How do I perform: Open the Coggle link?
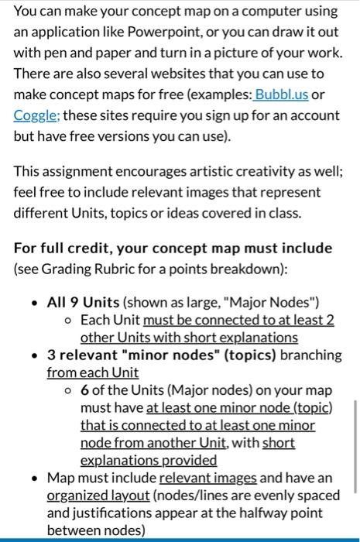(33, 115)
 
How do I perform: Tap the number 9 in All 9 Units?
(73, 301)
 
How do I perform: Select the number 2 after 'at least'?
(329, 319)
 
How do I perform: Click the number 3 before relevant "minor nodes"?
(51, 355)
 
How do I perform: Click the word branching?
(310, 355)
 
